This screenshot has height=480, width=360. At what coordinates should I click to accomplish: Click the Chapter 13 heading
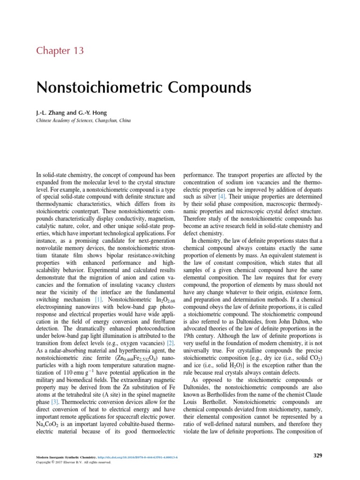click(60, 50)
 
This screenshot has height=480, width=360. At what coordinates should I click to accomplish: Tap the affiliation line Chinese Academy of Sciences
click(83, 120)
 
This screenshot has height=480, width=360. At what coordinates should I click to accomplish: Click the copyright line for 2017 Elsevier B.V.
click(74, 462)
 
